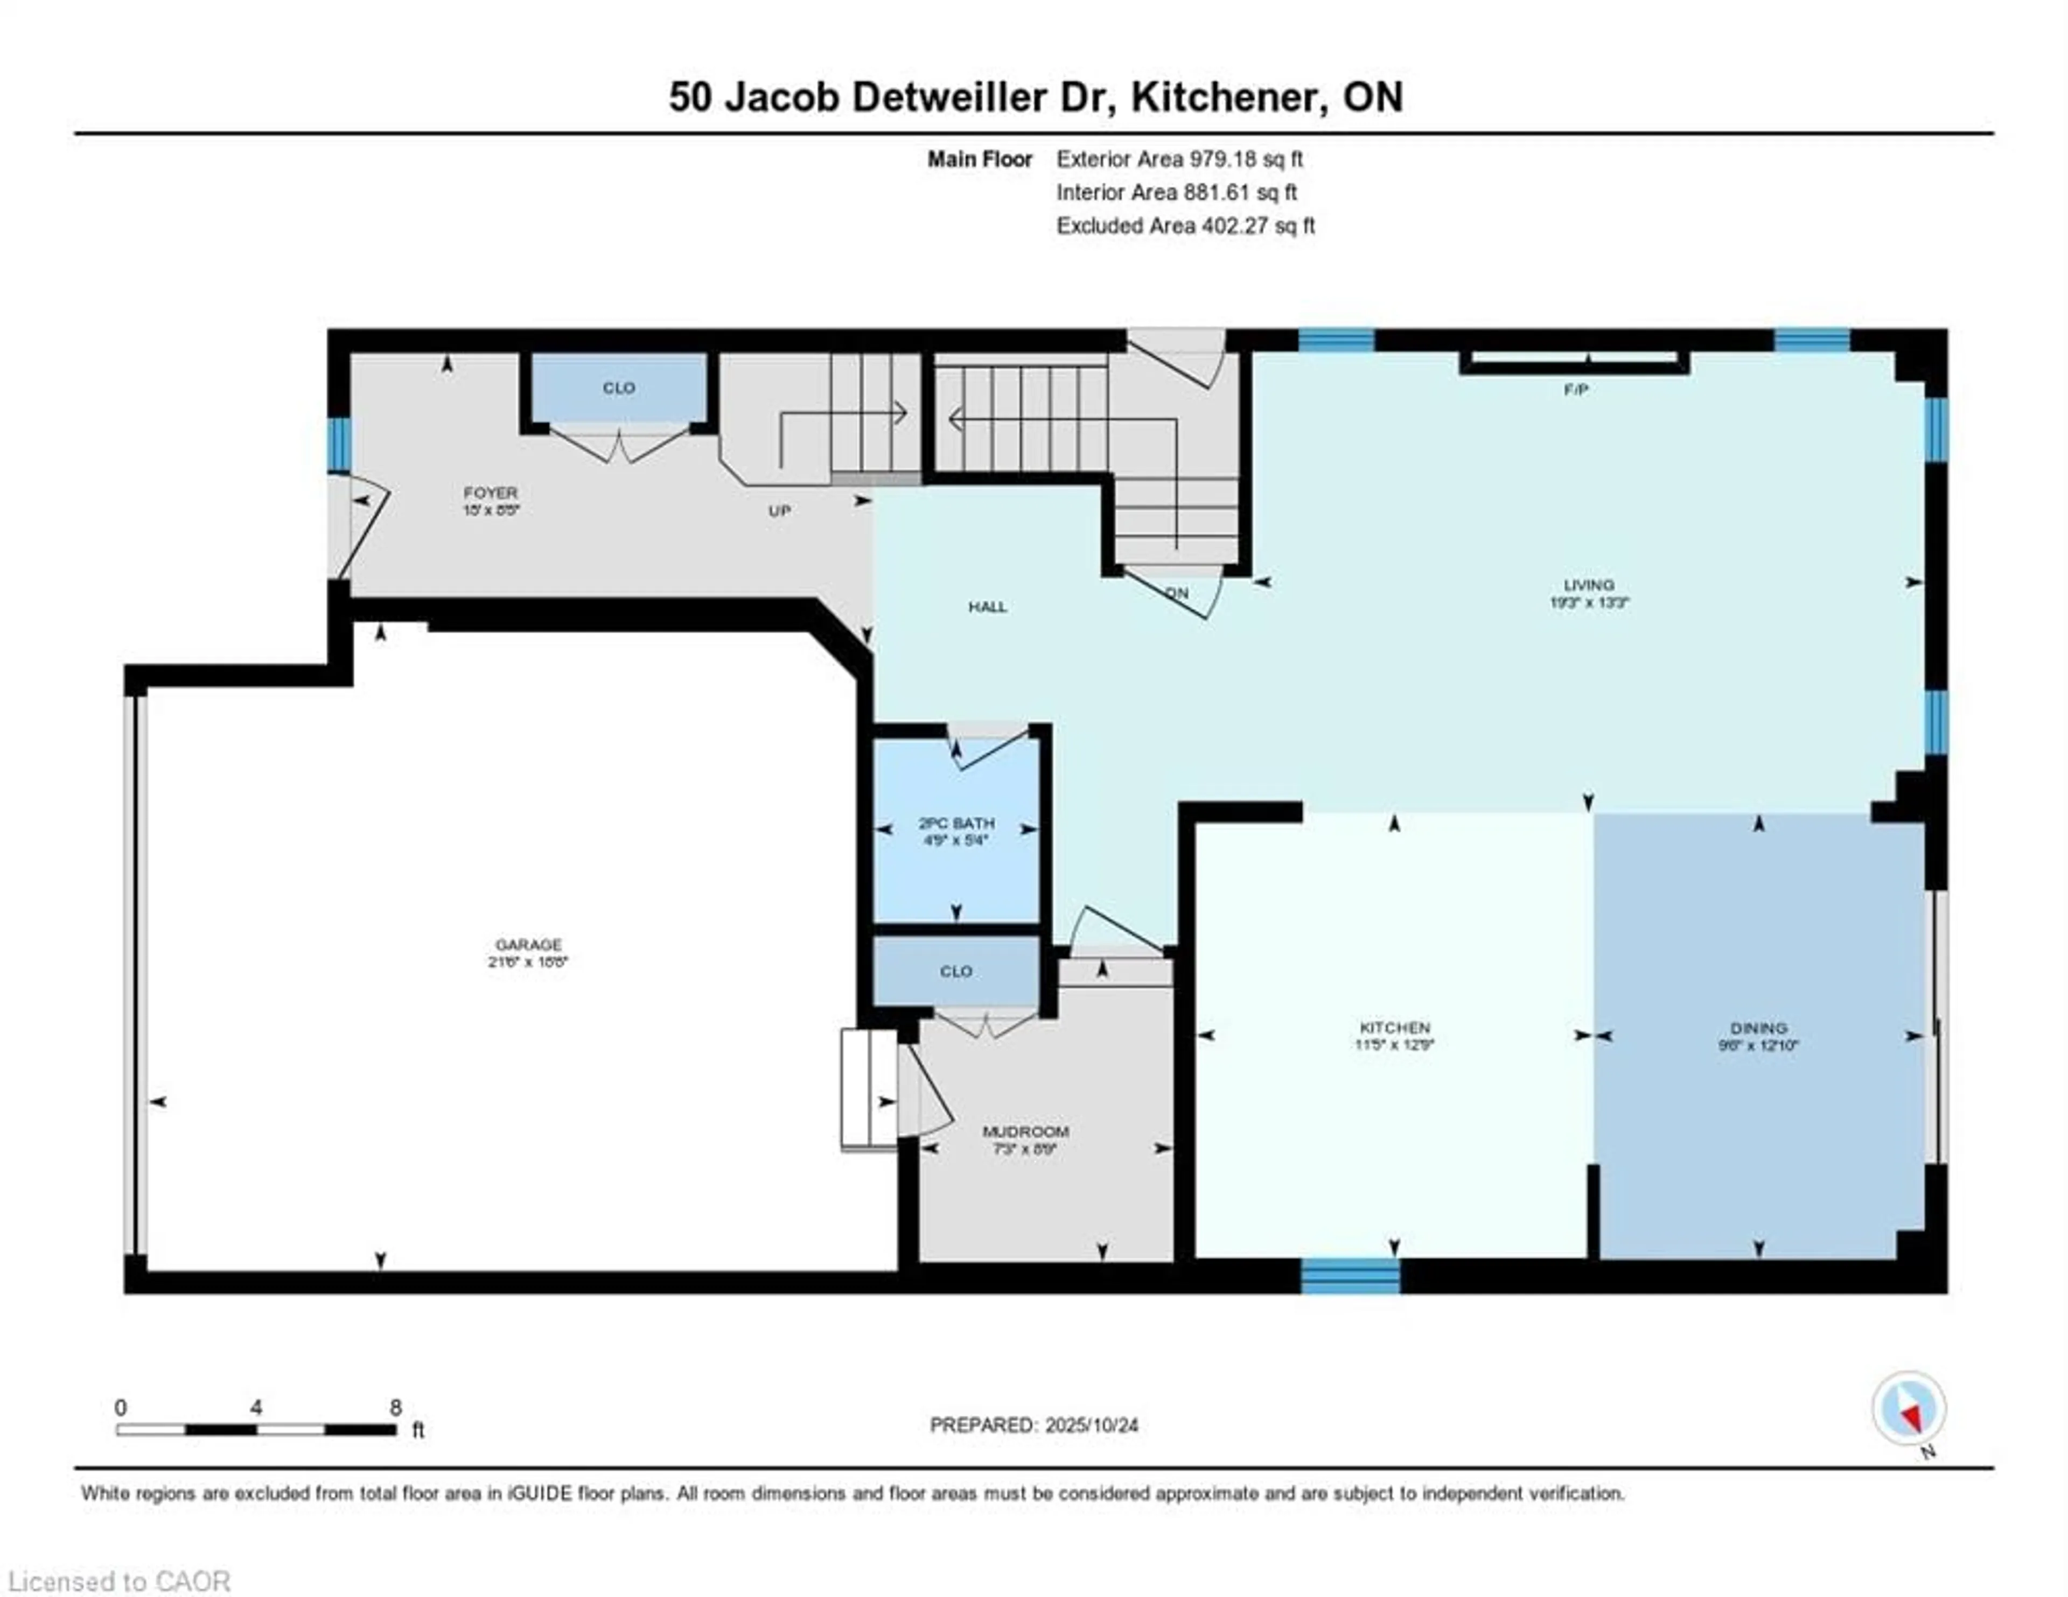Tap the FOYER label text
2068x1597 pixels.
click(491, 493)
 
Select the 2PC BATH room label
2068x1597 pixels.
click(956, 822)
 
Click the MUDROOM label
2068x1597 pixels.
click(1025, 1131)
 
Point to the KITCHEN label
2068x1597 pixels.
click(1394, 1027)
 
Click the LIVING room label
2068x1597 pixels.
click(1588, 584)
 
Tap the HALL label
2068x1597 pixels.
click(987, 607)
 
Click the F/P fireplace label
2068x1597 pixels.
click(1576, 389)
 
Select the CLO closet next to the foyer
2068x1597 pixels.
click(618, 388)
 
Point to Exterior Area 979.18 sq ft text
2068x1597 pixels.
click(1179, 159)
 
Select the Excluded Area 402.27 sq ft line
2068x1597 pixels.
click(1185, 226)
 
